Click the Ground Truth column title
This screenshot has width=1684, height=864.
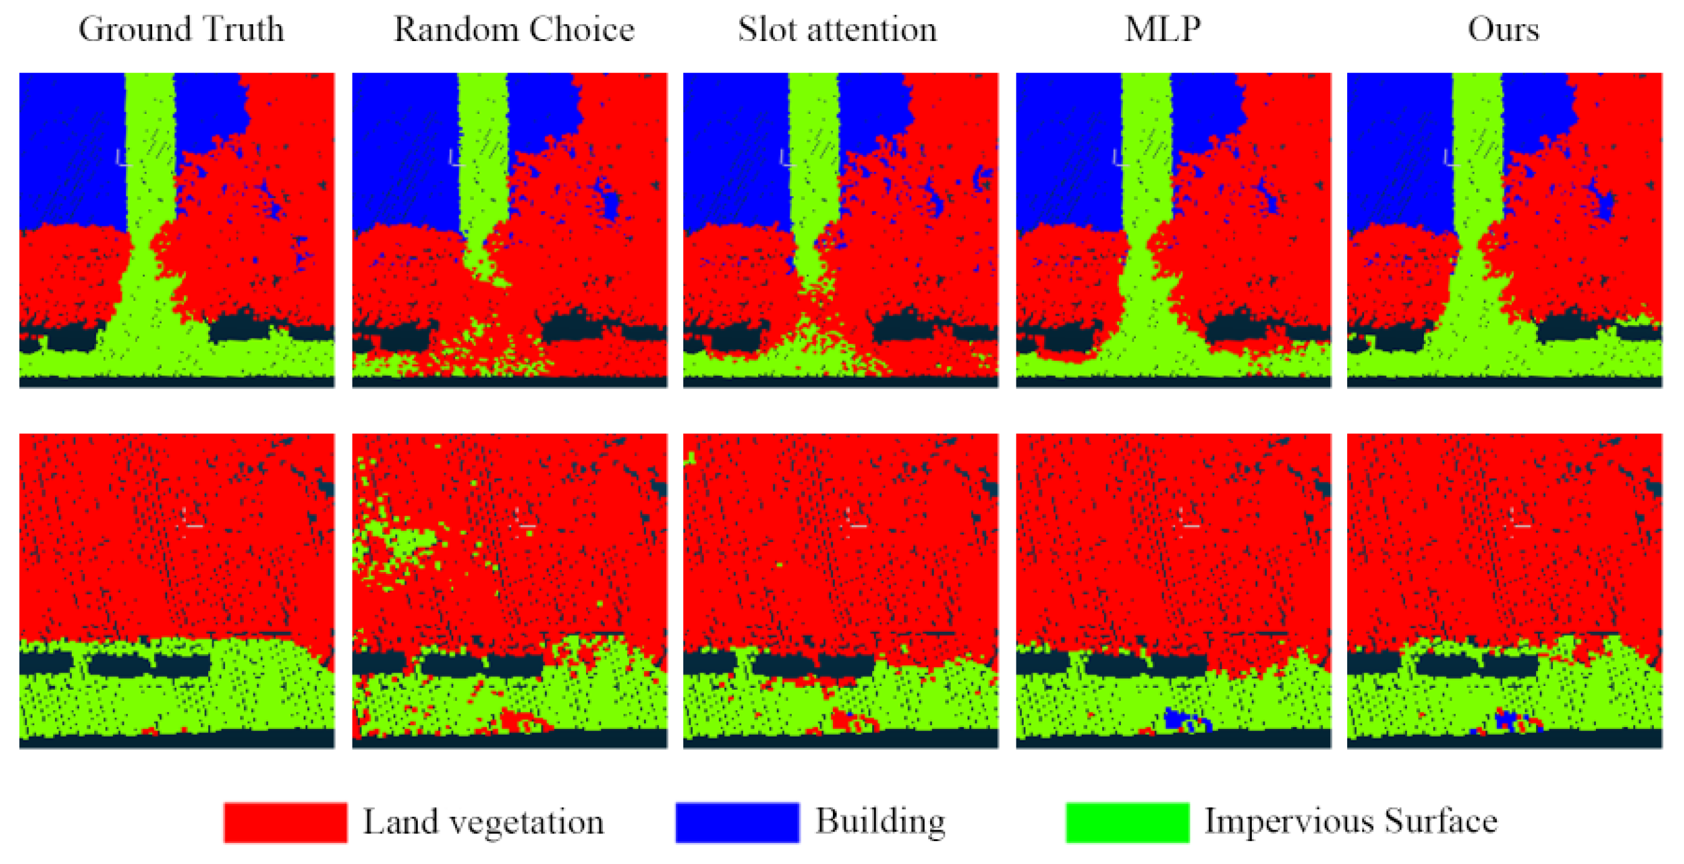[x=181, y=30]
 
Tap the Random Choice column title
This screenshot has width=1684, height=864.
[x=514, y=30]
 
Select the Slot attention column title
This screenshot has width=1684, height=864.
[x=837, y=30]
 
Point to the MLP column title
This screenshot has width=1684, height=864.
[x=1163, y=30]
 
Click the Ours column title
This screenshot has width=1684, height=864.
[x=1503, y=30]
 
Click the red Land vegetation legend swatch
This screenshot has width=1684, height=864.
[x=285, y=822]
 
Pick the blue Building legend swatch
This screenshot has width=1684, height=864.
[x=738, y=822]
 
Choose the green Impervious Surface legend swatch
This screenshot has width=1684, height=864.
[x=1127, y=822]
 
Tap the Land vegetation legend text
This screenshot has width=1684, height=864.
[x=483, y=822]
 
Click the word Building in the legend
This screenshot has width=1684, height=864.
[x=880, y=822]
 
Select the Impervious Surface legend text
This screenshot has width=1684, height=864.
[x=1351, y=822]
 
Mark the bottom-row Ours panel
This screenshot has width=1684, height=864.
[x=1504, y=590]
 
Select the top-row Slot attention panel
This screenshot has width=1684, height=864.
[x=841, y=230]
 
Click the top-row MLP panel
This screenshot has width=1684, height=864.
[x=1173, y=230]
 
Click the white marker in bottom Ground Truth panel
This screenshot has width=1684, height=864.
[x=191, y=523]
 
